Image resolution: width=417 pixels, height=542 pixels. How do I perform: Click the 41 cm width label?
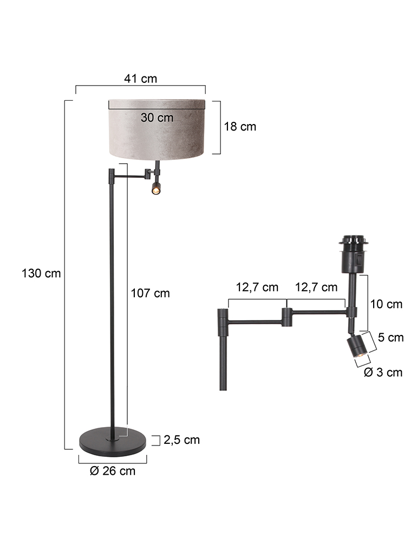pyautogui.click(x=141, y=79)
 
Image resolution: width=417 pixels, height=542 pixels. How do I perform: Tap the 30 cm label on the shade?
pyautogui.click(x=157, y=118)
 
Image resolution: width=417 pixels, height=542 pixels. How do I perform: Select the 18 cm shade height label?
pyautogui.click(x=240, y=126)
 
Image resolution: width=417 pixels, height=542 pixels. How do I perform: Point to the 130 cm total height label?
pyautogui.click(x=41, y=273)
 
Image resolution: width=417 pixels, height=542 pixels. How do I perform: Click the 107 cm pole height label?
pyautogui.click(x=151, y=293)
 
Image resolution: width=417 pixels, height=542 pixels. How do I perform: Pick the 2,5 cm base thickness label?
pyautogui.click(x=182, y=440)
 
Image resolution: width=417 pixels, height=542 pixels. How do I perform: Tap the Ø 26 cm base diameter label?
pyautogui.click(x=113, y=471)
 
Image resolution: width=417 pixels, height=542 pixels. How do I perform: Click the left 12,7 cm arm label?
pyautogui.click(x=257, y=287)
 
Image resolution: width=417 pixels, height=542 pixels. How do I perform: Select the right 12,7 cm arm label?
pyautogui.click(x=316, y=287)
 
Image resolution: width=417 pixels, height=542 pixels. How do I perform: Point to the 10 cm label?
pyautogui.click(x=386, y=304)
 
